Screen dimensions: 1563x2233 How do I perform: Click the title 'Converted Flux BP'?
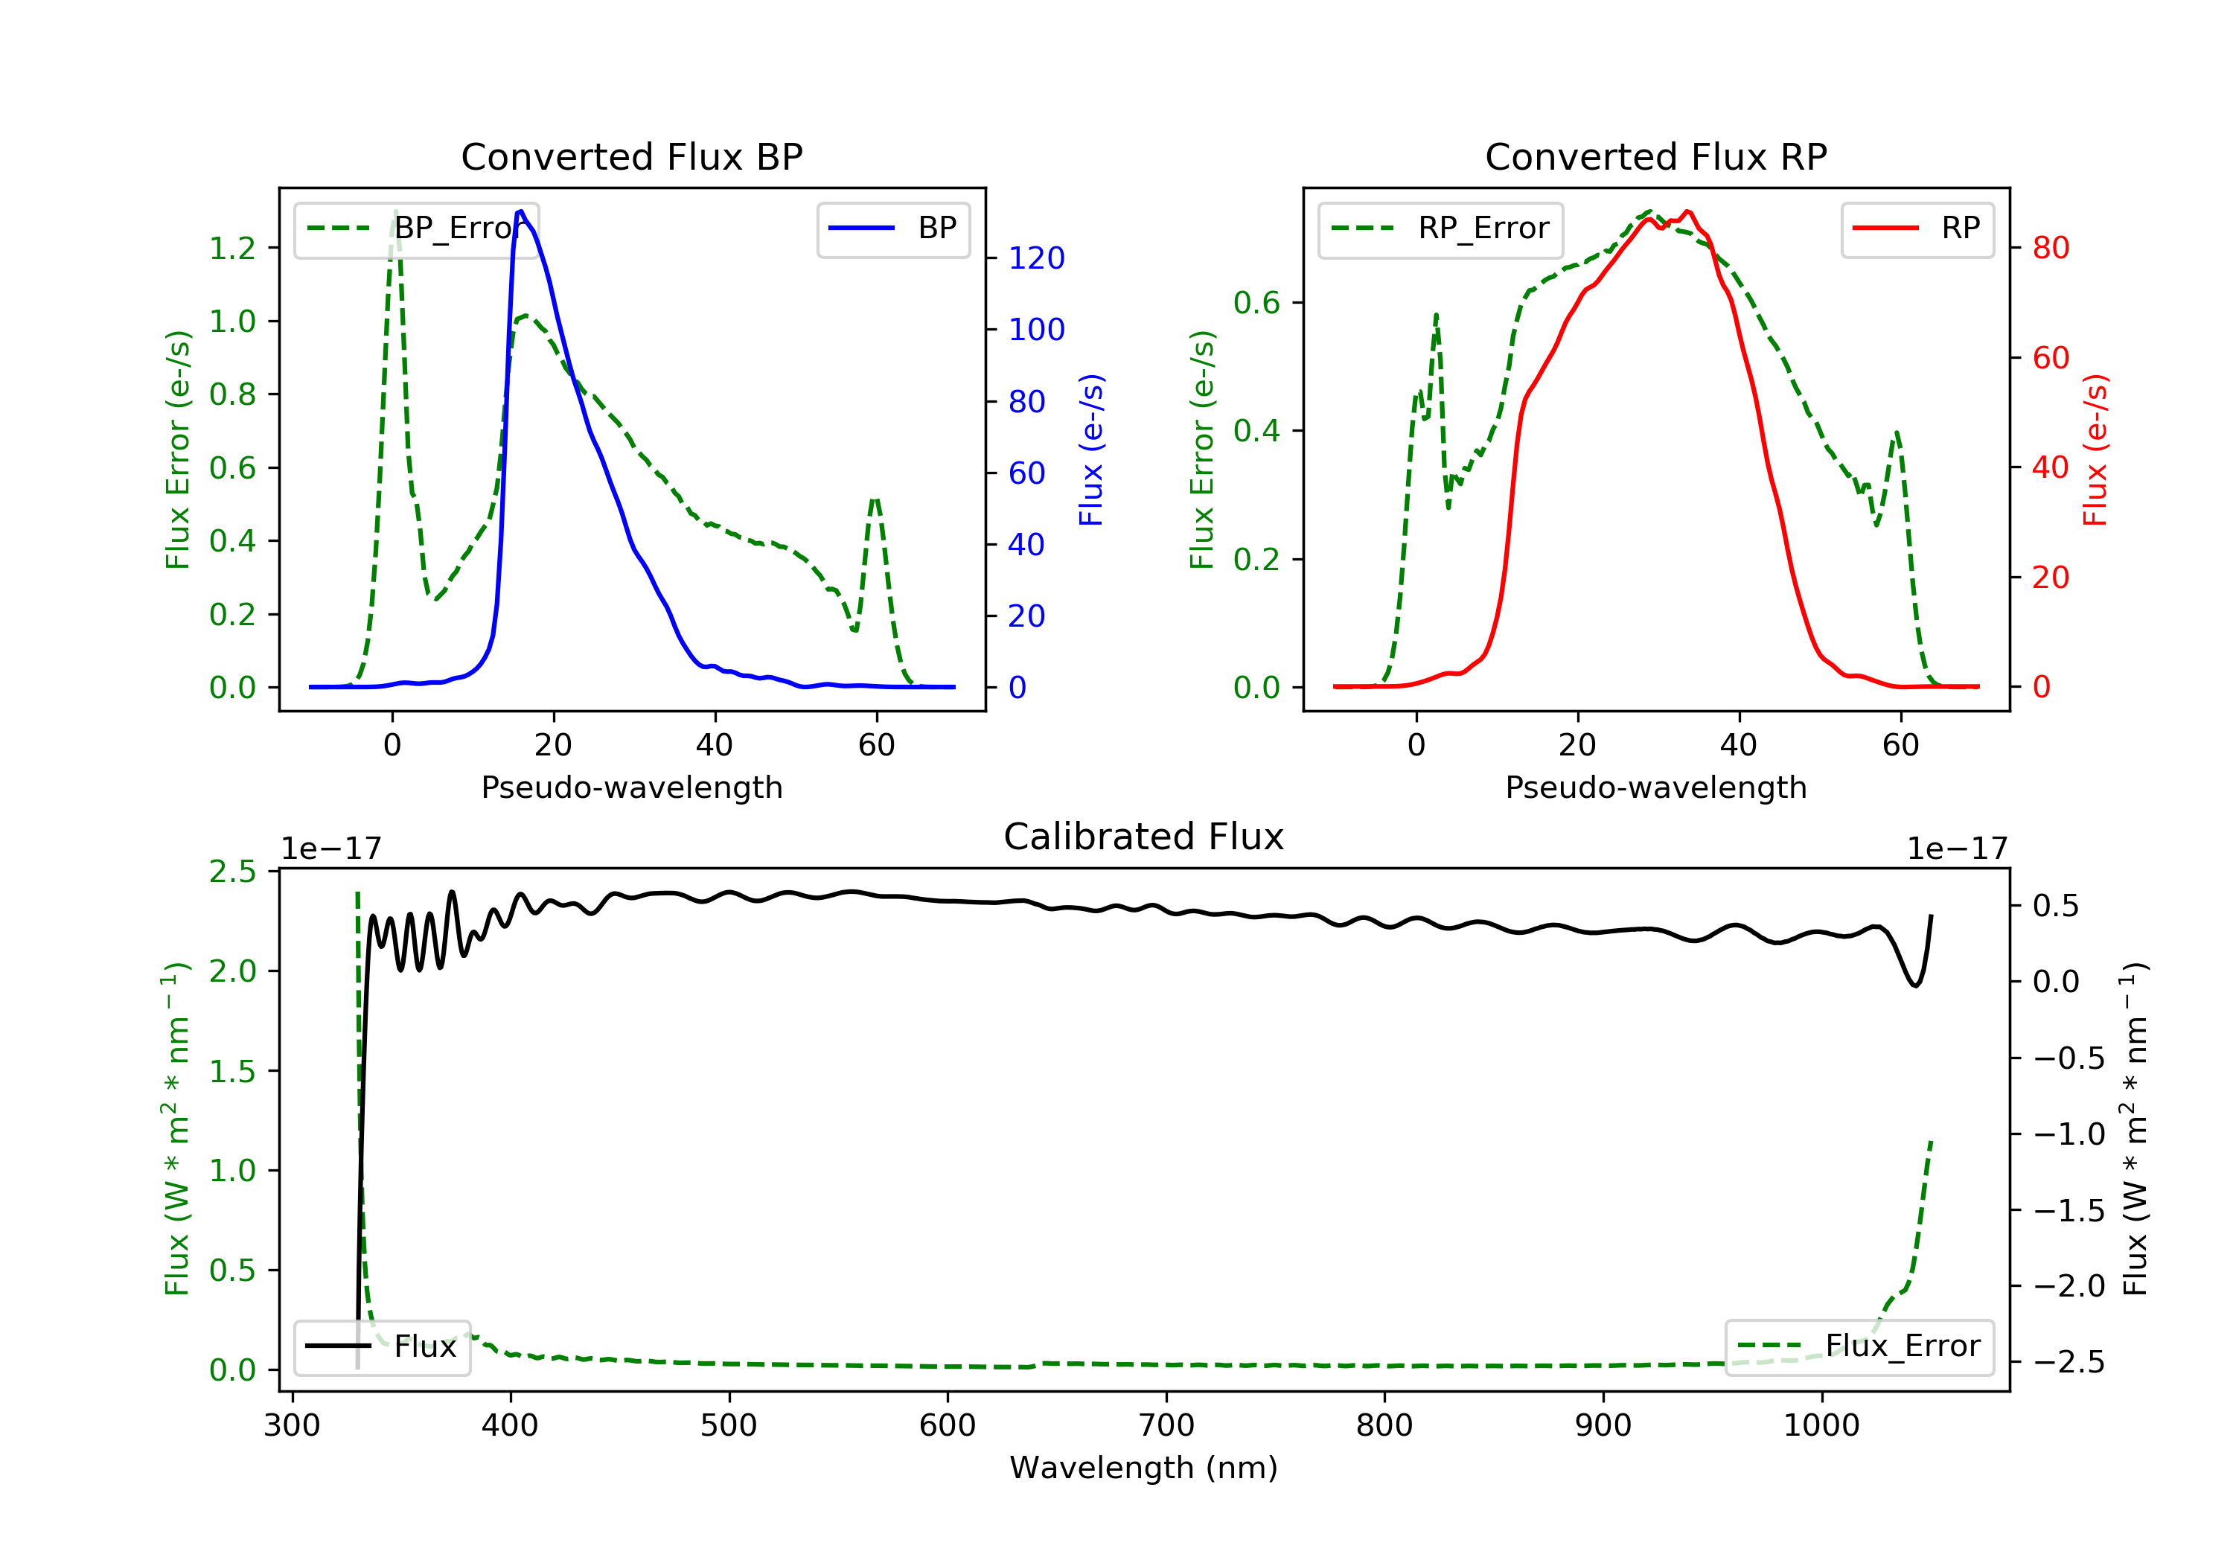click(631, 156)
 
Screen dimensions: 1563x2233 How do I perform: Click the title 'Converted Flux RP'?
click(1655, 156)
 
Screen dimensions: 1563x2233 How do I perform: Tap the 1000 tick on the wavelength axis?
click(1821, 1426)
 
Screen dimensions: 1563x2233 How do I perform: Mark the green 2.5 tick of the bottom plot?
click(232, 872)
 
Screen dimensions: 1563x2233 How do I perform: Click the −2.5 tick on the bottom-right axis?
click(2069, 1361)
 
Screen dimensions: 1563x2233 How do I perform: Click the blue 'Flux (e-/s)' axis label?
click(1091, 450)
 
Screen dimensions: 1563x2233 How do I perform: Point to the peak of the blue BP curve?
click(520, 211)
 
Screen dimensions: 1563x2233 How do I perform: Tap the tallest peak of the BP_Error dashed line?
click(394, 212)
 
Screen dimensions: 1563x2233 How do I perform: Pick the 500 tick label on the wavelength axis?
click(729, 1426)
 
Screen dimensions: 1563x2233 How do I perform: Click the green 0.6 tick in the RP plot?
click(1256, 302)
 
